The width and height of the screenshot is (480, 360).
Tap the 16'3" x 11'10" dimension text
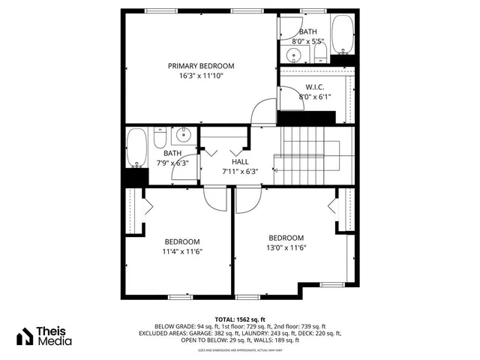click(x=201, y=76)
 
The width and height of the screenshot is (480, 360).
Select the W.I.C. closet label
click(x=314, y=87)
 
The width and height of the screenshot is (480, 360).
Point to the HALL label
click(x=240, y=161)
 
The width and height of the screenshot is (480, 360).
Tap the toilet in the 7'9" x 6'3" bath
click(x=159, y=138)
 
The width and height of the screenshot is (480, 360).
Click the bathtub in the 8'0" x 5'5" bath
click(x=344, y=34)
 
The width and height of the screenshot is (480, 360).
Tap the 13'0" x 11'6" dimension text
click(x=285, y=247)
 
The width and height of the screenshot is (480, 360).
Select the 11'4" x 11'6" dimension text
click(x=182, y=251)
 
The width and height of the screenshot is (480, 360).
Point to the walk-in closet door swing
click(x=288, y=96)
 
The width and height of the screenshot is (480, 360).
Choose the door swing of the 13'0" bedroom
click(x=248, y=198)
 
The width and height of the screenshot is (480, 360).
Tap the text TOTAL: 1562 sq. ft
click(x=240, y=319)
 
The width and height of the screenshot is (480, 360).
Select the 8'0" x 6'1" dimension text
click(x=314, y=97)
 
